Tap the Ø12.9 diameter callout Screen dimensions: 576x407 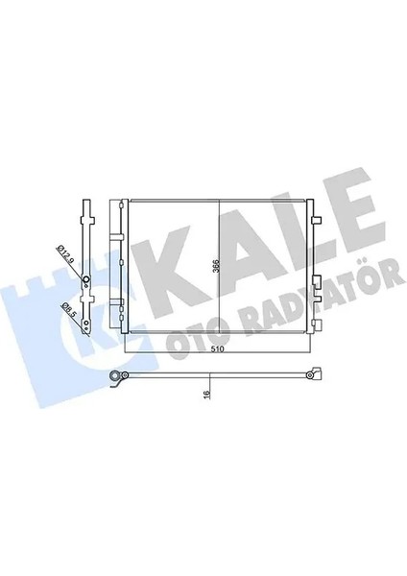[x=62, y=256]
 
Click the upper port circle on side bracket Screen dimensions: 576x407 [x=85, y=281]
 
